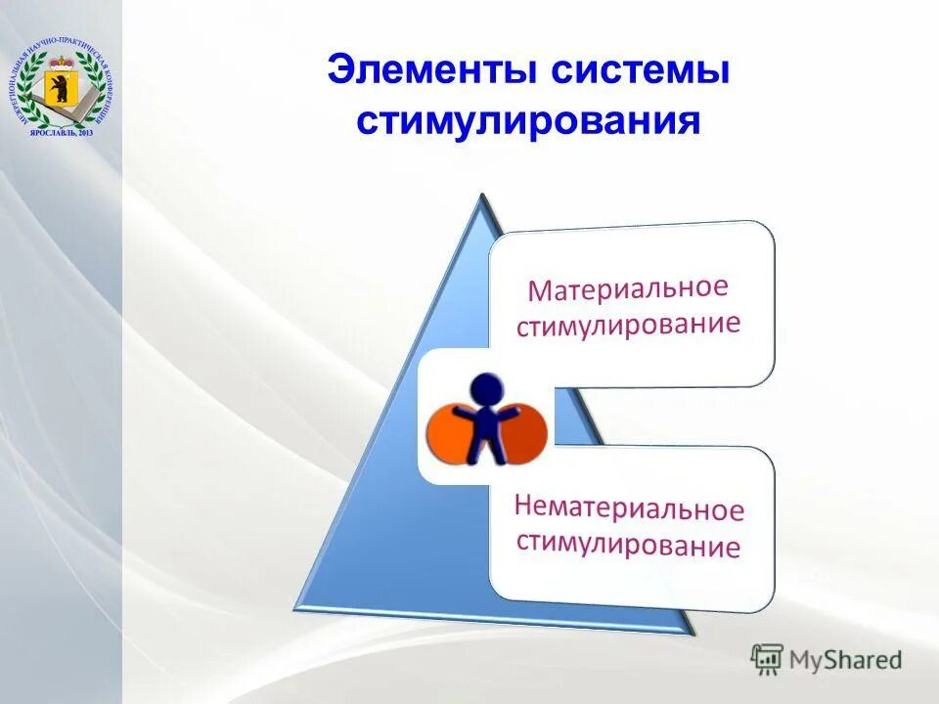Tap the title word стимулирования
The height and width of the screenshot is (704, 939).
[x=528, y=121]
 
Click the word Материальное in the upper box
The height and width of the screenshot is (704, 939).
[x=628, y=289]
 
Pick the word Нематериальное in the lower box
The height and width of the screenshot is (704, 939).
[x=629, y=507]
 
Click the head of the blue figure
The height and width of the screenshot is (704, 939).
[x=485, y=389]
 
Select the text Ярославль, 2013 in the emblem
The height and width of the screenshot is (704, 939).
[x=61, y=133]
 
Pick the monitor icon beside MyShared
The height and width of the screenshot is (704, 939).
[x=767, y=660]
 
